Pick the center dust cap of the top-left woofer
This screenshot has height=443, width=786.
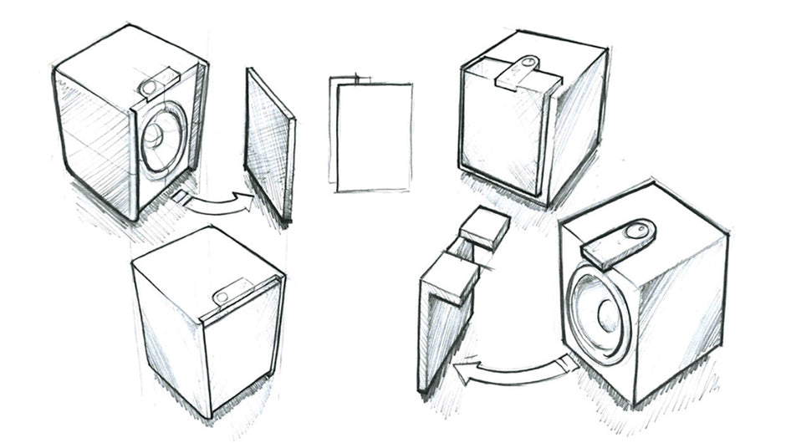tap(157, 135)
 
